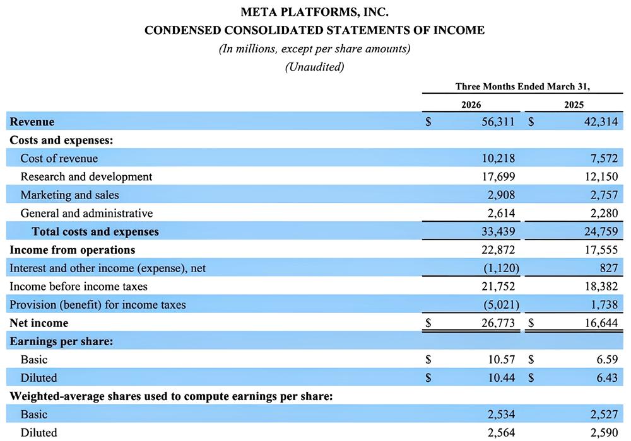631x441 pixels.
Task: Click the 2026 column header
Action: [471, 105]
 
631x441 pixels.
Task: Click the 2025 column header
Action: [574, 105]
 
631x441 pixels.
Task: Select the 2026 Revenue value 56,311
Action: [498, 122]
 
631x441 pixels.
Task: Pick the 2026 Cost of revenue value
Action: [498, 159]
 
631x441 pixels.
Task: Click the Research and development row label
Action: [86, 177]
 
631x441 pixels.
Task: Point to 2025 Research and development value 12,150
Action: [600, 177]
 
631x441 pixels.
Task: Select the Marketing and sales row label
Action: [69, 195]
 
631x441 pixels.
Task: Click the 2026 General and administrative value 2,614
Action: [499, 214]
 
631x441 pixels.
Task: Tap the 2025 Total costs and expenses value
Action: [600, 232]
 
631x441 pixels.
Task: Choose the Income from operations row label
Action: [72, 250]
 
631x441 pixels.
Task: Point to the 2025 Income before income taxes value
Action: [600, 287]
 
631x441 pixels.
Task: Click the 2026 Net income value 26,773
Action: [498, 323]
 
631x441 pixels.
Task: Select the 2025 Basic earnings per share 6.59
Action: [606, 360]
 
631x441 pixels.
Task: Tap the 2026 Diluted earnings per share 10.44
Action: [502, 378]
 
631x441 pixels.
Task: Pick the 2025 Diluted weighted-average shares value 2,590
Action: [603, 433]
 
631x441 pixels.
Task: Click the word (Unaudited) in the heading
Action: [314, 67]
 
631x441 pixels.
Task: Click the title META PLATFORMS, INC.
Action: [314, 12]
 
